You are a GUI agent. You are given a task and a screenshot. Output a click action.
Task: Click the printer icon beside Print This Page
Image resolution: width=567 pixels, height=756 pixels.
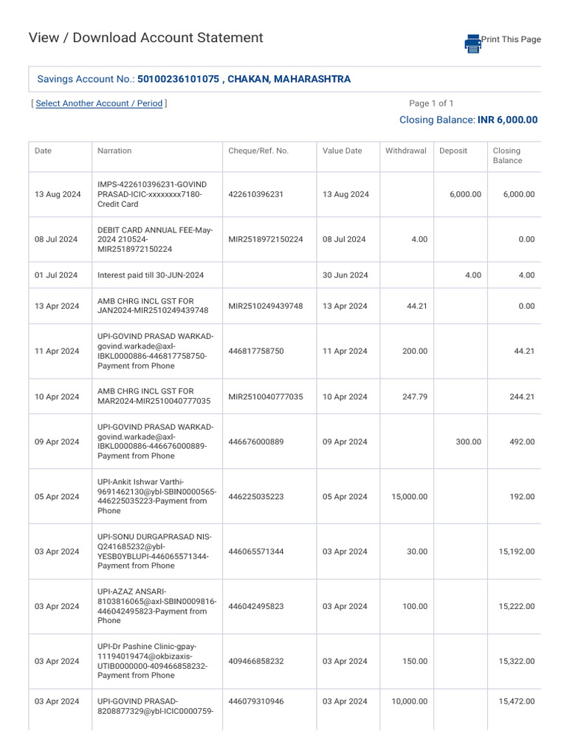point(472,43)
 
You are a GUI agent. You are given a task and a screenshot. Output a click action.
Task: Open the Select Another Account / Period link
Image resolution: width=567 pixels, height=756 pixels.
point(99,103)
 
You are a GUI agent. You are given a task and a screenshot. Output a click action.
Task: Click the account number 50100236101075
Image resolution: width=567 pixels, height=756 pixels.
point(178,79)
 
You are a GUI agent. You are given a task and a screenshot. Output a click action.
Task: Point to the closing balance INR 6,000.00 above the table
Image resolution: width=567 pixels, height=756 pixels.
point(507,120)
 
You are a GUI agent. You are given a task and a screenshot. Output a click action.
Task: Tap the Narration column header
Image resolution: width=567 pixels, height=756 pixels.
point(114,151)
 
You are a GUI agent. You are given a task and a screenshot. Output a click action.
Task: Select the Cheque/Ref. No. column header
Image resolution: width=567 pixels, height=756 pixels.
point(258,151)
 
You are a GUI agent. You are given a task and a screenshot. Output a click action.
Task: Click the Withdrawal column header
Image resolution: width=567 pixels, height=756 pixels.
point(405,151)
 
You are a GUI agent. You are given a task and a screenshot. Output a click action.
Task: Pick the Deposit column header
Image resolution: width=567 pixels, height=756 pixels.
point(453,151)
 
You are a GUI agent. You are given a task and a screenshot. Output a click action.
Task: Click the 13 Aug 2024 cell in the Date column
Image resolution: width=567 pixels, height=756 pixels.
point(56,194)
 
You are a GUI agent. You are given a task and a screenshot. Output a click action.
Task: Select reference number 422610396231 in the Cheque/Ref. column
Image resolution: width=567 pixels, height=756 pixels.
point(256,194)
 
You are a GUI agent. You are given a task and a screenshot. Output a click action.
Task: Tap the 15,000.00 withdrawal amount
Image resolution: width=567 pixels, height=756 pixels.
point(409,497)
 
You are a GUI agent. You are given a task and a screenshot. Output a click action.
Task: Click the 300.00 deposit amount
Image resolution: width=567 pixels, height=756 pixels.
point(467,441)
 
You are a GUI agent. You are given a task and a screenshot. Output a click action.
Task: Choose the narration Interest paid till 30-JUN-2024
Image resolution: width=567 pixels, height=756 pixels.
point(151,275)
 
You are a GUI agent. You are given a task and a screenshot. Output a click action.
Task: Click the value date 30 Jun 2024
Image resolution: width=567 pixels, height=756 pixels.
point(345,275)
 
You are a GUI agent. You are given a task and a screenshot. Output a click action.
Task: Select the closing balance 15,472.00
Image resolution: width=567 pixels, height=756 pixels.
point(516,701)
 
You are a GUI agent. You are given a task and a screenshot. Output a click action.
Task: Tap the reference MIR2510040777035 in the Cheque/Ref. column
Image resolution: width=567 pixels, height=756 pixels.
point(266,396)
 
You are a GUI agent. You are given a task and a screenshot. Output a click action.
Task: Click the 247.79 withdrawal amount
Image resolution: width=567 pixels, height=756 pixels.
point(412,396)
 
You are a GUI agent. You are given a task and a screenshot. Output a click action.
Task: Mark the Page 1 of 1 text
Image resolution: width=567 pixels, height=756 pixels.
point(431,103)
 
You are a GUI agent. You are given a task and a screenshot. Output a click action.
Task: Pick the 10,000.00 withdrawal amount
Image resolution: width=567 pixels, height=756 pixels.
point(409,701)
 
